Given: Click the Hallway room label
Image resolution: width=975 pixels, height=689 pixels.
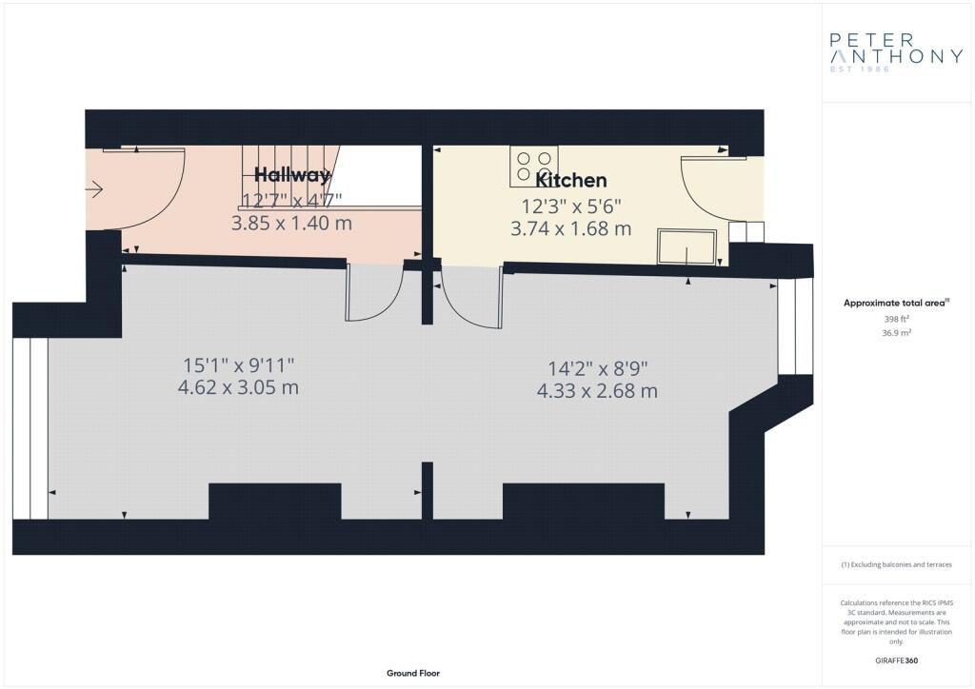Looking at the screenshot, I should pyautogui.click(x=292, y=174).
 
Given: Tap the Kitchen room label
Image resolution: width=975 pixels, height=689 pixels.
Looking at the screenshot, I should pyautogui.click(x=571, y=180).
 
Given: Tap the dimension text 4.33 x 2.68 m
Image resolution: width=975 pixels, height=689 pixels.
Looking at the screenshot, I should pyautogui.click(x=597, y=390).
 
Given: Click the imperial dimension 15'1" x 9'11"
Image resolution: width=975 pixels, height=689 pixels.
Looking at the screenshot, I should pyautogui.click(x=239, y=364).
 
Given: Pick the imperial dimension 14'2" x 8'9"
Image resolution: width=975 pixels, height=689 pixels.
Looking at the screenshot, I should pyautogui.click(x=597, y=367).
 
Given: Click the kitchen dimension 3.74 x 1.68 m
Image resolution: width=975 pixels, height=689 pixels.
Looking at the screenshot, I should pyautogui.click(x=571, y=228).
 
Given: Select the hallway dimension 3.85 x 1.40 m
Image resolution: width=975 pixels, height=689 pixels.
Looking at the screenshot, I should pyautogui.click(x=291, y=223).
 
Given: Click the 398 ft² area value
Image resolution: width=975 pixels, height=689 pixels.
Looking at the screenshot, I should pyautogui.click(x=896, y=319).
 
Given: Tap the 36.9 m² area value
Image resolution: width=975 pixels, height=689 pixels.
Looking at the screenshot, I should pyautogui.click(x=896, y=333).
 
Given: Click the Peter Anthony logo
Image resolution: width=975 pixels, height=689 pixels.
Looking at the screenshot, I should pyautogui.click(x=896, y=53).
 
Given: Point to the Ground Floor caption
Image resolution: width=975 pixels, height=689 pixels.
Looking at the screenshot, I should pyautogui.click(x=412, y=673).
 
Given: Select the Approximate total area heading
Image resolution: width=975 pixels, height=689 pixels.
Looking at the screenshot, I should pyautogui.click(x=895, y=304).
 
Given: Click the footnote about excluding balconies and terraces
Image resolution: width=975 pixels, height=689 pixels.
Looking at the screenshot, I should pyautogui.click(x=896, y=564).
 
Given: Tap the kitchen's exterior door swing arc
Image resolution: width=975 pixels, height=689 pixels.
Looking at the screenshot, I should pyautogui.click(x=700, y=190).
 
